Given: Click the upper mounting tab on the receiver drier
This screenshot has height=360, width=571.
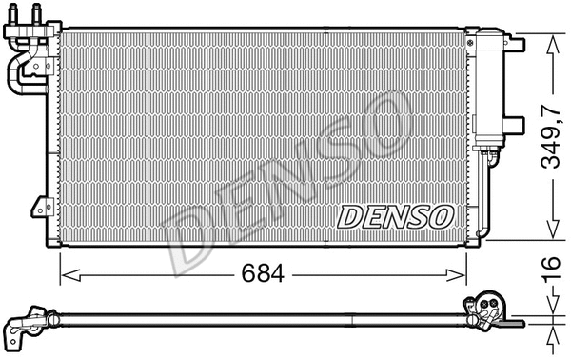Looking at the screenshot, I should (514, 45).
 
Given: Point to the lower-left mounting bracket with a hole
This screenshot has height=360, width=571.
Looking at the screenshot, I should (41, 208).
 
